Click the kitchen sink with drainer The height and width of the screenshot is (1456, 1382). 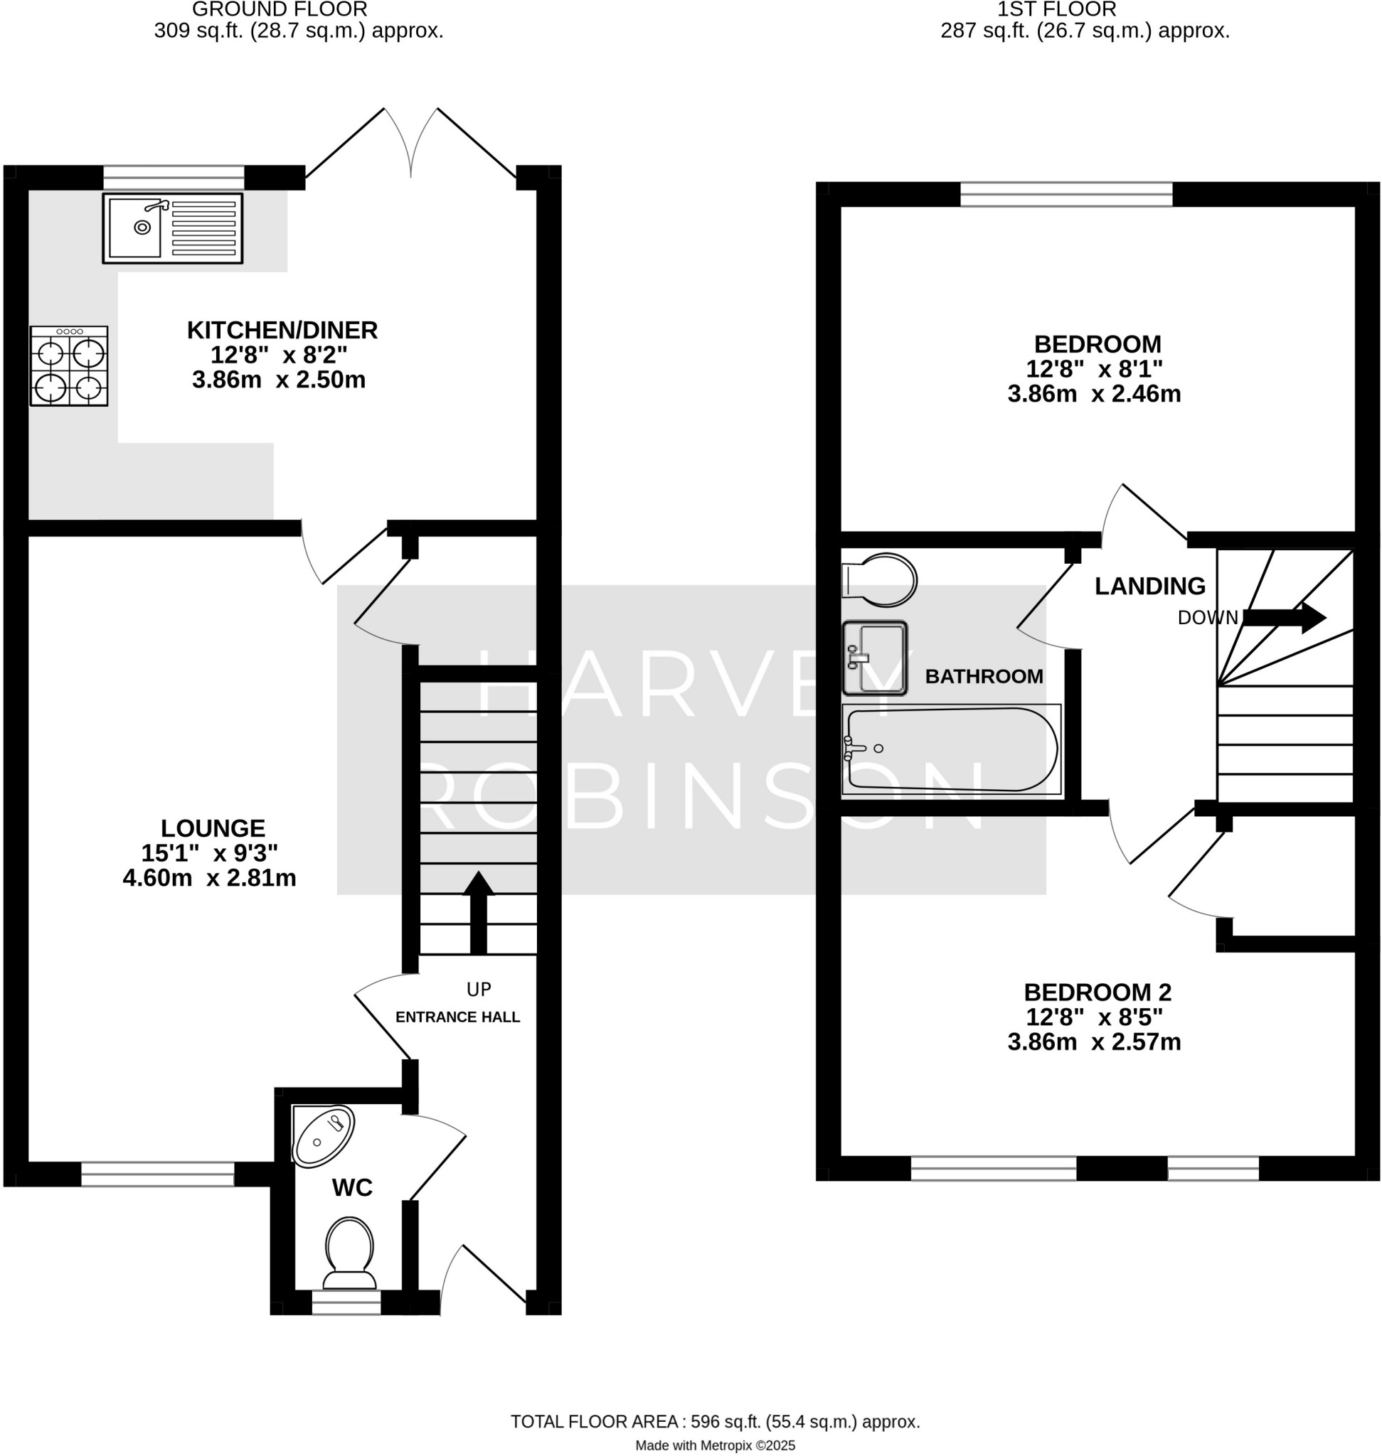172,228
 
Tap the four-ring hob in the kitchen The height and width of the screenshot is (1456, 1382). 68,366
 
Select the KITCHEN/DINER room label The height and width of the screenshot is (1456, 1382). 282,330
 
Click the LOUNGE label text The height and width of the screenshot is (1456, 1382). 213,828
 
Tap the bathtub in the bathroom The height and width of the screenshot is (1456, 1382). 951,749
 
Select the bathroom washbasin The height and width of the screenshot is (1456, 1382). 874,658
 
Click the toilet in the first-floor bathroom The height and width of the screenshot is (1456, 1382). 880,579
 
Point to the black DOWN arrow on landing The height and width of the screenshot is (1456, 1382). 1284,617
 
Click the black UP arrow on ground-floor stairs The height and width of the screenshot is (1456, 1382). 478,914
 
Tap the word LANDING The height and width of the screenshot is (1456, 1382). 1149,587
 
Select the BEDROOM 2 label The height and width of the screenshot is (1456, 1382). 1097,992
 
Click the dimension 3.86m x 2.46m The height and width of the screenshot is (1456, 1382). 1094,394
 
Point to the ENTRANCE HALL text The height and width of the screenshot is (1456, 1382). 457,1017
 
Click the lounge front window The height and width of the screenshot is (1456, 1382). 158,1173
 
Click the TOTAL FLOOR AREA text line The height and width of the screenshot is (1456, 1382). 715,1421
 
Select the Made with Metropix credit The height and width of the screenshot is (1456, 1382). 715,1445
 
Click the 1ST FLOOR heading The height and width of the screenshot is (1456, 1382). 1056,9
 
